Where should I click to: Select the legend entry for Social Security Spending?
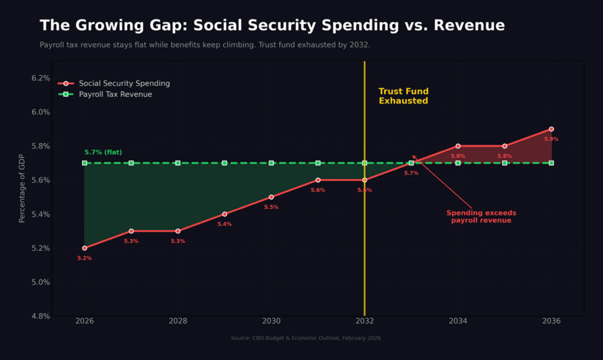(x=124, y=84)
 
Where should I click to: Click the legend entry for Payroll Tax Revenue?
(x=115, y=94)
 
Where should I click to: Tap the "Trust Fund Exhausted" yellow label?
(x=403, y=96)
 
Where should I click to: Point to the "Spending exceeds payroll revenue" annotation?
(x=481, y=216)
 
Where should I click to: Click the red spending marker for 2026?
(x=84, y=248)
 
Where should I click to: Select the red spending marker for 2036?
(x=551, y=128)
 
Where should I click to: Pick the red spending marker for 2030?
(x=271, y=197)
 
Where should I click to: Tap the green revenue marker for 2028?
(x=178, y=163)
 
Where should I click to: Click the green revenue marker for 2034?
(x=458, y=163)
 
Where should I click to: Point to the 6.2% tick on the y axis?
(x=41, y=78)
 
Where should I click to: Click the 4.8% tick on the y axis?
(x=41, y=316)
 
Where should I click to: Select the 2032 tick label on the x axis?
(x=365, y=321)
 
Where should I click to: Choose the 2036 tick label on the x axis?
(x=551, y=321)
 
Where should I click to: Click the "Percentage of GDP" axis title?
(x=22, y=188)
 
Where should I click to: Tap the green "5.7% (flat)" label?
(x=103, y=152)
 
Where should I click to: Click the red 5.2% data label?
(x=84, y=258)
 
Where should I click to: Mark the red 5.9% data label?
(x=551, y=139)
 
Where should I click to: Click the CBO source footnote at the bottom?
(x=306, y=338)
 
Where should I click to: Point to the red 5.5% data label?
(x=271, y=207)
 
